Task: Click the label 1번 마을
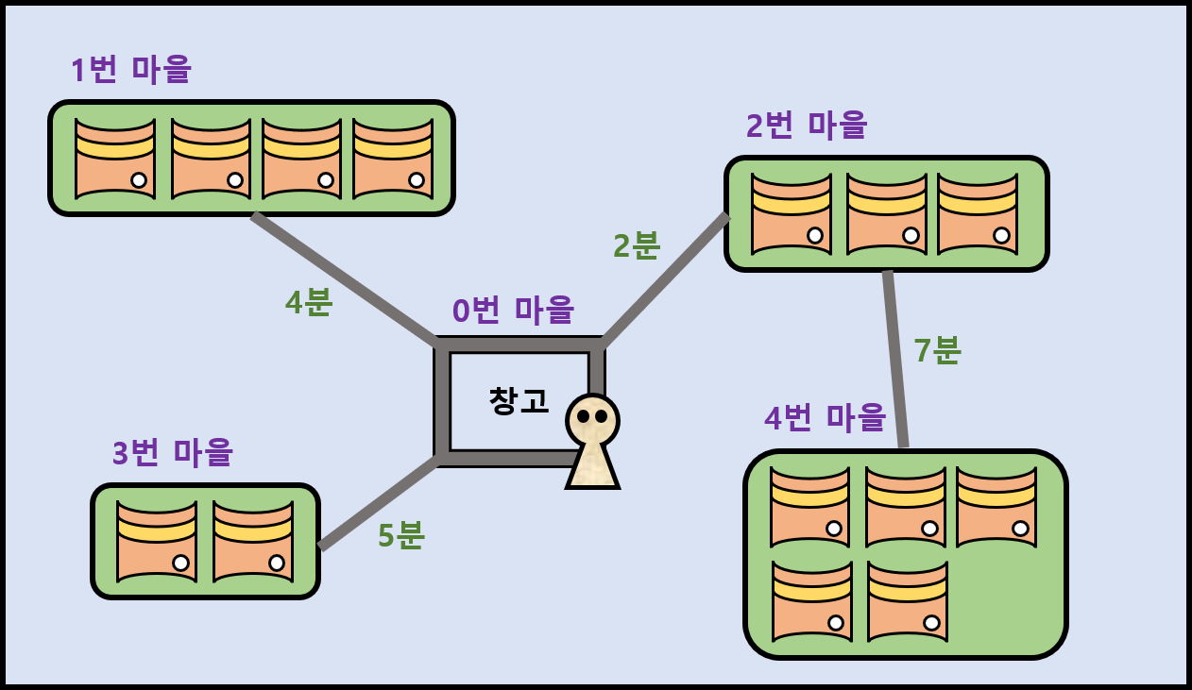tap(131, 70)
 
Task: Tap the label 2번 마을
tap(807, 125)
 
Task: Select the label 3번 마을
tap(173, 452)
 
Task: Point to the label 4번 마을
tap(825, 417)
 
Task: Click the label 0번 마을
tap(513, 310)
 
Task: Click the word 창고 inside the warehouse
tap(519, 400)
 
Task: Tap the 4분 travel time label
tap(309, 302)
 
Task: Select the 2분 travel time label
tap(637, 245)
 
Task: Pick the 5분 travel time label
tap(401, 535)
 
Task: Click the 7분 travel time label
tap(937, 350)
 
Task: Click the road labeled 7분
tap(895, 359)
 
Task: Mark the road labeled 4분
tap(345, 279)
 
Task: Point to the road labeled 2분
tap(664, 280)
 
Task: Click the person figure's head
tap(592, 419)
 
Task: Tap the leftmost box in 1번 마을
tap(115, 158)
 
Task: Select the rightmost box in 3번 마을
tap(253, 541)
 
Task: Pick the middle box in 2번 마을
tap(887, 213)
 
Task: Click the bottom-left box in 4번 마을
tap(812, 601)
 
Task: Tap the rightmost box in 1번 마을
tap(393, 158)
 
